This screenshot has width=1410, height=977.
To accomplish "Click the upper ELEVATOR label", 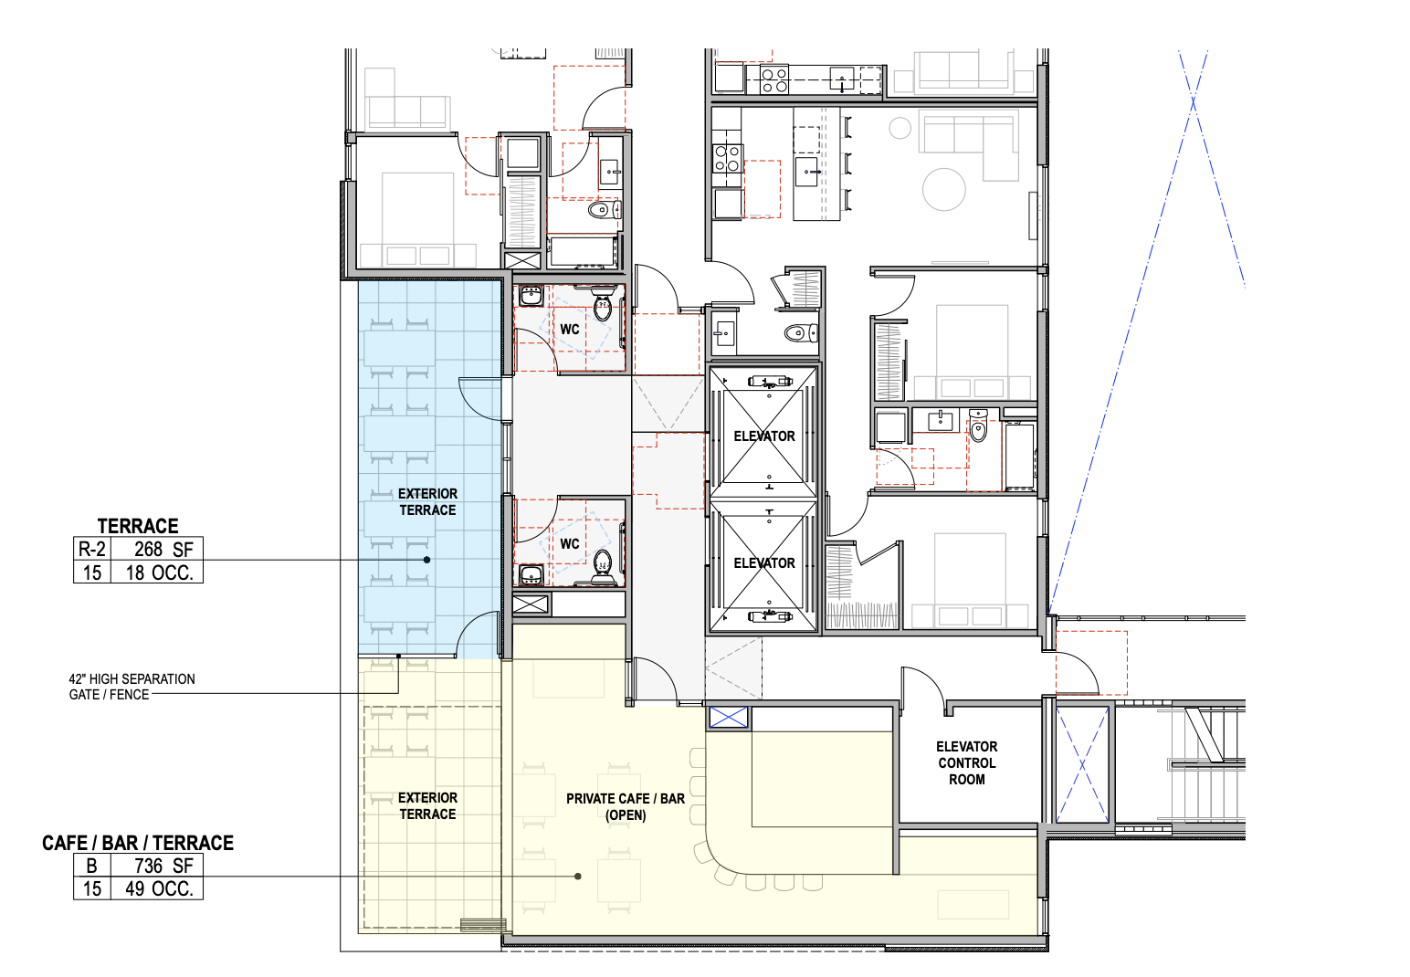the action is pos(764,436).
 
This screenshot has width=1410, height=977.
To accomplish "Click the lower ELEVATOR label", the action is pos(764,563).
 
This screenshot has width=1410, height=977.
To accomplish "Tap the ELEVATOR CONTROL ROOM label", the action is pos(967,763).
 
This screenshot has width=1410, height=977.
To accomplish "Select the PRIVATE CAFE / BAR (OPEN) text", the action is pos(625,807).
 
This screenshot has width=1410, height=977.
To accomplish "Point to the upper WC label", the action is pos(570,330).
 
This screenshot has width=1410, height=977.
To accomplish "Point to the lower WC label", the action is pos(570,544).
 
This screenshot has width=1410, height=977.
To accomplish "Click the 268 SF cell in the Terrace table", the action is pos(157,549).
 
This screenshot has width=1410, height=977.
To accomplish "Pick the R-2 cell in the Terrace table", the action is pos(92,549).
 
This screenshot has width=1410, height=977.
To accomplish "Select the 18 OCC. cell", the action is pos(157,573).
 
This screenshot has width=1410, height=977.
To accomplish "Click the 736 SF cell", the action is pos(157,867).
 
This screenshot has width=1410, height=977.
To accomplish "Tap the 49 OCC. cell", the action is pos(157,888).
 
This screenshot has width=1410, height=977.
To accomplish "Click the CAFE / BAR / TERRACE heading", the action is pos(138,843).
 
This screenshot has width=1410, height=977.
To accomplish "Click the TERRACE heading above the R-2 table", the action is pos(138,526).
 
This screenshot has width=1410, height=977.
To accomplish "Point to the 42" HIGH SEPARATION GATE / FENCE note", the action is pos(132,687).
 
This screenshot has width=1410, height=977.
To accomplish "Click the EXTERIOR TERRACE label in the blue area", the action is pos(428,501).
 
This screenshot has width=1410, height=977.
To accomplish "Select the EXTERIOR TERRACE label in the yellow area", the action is pos(428,805).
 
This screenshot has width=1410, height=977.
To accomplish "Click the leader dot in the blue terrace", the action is pos(426,560).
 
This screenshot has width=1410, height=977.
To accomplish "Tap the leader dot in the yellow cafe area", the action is pos(578,877).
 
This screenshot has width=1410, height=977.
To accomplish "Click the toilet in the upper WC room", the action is pos(603,307).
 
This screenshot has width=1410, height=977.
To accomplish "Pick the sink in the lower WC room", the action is pos(531,574).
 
